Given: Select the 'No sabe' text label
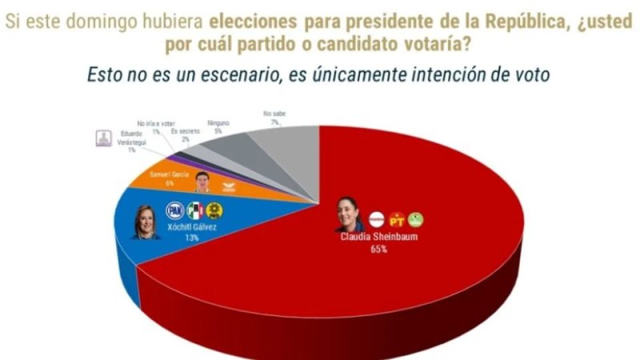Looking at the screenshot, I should click(274, 114).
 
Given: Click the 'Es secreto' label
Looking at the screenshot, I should click(186, 130).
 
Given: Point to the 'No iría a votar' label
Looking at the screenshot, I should click(153, 124).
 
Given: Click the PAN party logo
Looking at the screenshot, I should click(174, 210).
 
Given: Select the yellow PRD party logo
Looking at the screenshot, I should click(214, 210).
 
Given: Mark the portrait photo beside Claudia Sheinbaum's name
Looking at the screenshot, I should click(348, 215).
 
